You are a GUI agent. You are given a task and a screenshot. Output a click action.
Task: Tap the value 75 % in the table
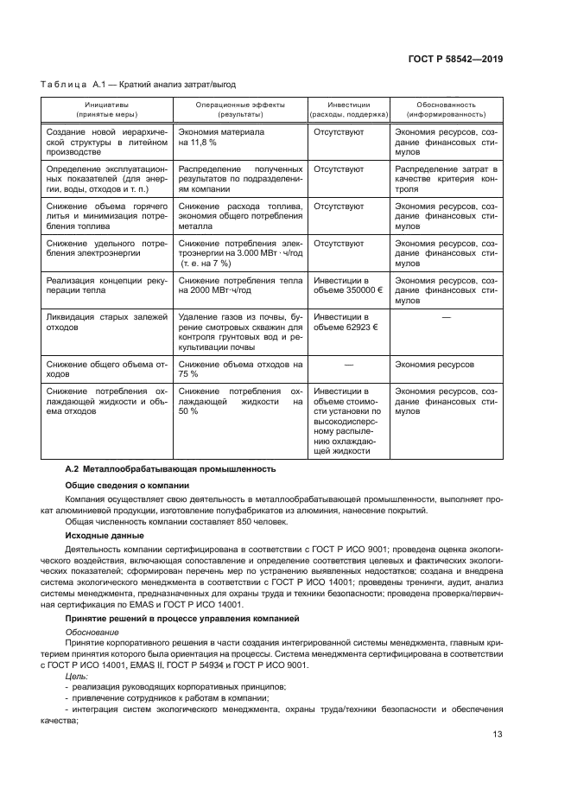coord(188,375)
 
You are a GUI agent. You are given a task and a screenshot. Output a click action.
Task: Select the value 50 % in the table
coord(188,412)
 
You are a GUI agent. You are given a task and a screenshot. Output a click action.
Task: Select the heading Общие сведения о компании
coord(129,485)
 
